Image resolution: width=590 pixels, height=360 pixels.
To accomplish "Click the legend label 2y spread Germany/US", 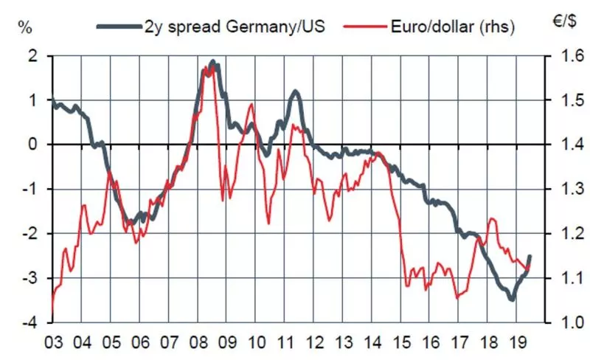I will (233, 27).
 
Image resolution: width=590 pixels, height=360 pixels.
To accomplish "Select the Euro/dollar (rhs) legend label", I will (442, 27).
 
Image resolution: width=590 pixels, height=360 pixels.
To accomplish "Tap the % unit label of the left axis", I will (25, 29).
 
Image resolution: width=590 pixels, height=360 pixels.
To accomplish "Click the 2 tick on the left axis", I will (32, 55).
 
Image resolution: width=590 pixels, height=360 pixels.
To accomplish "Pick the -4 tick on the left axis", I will (29, 323).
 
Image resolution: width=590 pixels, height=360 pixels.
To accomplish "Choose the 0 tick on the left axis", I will (32, 145).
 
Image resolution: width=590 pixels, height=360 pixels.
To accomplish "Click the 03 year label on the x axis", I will (53, 342).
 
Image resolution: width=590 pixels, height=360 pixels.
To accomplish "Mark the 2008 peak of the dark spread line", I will (212, 62).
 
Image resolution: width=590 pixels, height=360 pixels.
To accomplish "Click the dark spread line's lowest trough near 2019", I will (511, 299).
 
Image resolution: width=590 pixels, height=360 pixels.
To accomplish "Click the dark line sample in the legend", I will (119, 27).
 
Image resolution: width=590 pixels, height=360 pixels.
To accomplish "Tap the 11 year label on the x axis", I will (285, 342).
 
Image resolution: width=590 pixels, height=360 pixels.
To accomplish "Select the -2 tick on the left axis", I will (29, 234).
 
